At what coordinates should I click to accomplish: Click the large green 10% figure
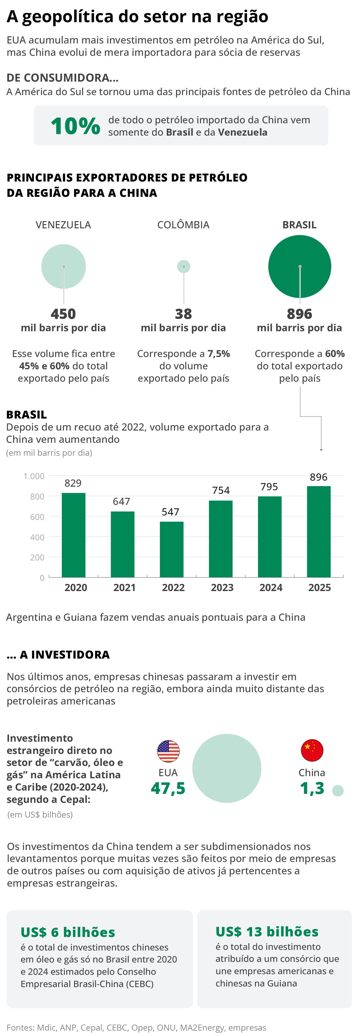(x=75, y=126)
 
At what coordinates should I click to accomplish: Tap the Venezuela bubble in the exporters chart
(x=64, y=266)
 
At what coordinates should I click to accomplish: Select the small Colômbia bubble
(x=183, y=266)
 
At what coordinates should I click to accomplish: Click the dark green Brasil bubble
(x=299, y=266)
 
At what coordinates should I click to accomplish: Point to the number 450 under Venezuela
(x=63, y=314)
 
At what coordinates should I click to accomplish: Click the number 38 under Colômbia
(x=183, y=314)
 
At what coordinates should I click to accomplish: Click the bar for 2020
(x=73, y=535)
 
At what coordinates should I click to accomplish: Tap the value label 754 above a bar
(x=221, y=490)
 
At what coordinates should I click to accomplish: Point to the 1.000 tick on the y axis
(x=34, y=476)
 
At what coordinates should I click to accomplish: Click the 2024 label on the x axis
(x=271, y=587)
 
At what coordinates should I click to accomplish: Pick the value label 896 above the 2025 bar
(x=319, y=477)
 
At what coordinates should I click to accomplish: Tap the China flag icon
(x=312, y=750)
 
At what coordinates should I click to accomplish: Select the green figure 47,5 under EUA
(x=168, y=788)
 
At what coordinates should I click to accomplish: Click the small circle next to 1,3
(x=337, y=790)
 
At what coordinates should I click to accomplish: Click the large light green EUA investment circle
(x=226, y=768)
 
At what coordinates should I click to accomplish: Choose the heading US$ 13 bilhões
(x=267, y=931)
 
